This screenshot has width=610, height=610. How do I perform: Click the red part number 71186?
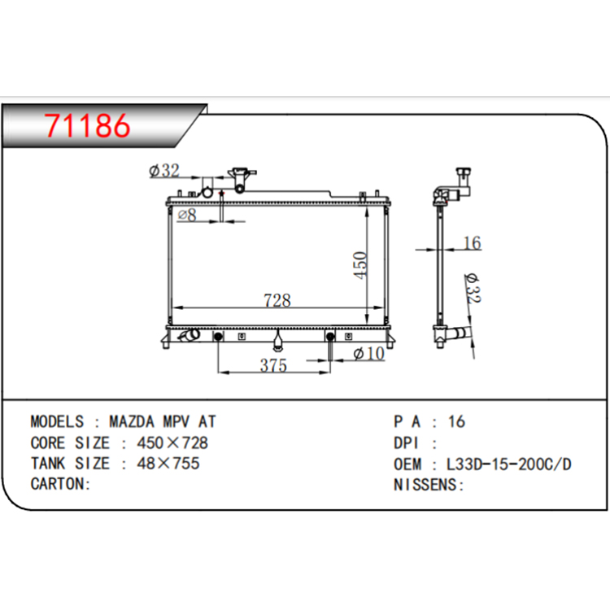(x=87, y=125)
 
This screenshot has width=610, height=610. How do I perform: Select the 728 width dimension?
(x=277, y=300)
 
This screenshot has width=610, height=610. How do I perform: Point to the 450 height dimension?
(x=360, y=265)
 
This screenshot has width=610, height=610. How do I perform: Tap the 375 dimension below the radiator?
(x=273, y=365)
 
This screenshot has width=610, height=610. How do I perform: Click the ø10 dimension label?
(x=368, y=354)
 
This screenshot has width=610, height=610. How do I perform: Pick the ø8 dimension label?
(x=187, y=215)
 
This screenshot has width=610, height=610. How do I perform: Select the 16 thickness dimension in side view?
(x=473, y=243)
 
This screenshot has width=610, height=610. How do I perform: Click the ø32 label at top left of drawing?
(x=164, y=171)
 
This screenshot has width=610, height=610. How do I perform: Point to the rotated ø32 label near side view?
(x=473, y=288)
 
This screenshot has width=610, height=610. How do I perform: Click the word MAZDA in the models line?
(x=132, y=421)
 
